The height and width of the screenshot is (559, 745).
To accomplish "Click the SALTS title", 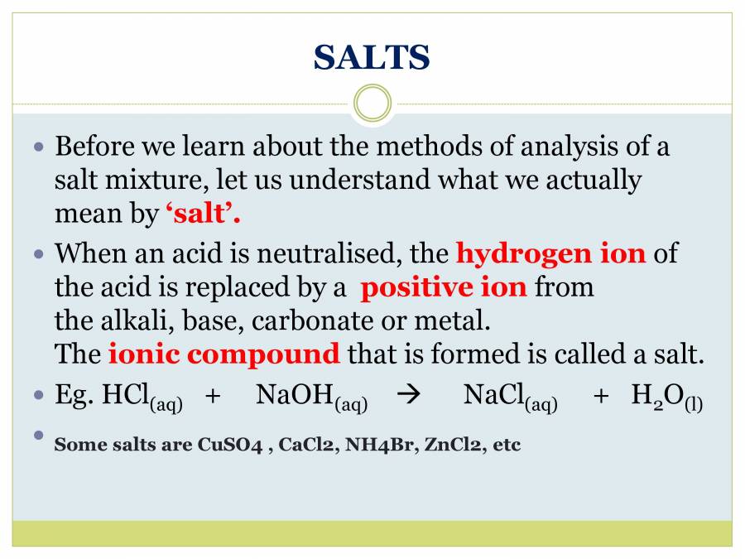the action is click(372, 57).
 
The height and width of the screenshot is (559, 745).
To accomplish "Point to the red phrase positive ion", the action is click(444, 287).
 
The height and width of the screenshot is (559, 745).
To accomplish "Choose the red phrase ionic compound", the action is click(223, 354).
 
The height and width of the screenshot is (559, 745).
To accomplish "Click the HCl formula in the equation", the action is click(142, 397).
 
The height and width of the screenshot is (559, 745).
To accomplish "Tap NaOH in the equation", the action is click(312, 397).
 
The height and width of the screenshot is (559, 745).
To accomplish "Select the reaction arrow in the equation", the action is click(408, 394).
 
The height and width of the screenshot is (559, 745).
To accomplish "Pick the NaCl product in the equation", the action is click(510, 397).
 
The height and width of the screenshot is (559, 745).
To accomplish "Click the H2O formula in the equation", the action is click(666, 397).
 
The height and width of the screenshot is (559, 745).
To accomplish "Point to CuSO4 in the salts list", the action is click(230, 445).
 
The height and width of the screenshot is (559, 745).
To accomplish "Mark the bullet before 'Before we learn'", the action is click(39, 147).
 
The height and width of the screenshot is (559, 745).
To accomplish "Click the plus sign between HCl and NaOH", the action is click(213, 396).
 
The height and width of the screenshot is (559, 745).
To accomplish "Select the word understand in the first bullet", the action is click(360, 181).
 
